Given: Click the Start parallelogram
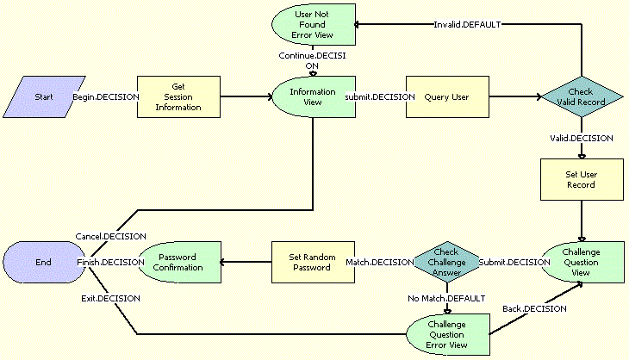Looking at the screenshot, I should [x=43, y=97].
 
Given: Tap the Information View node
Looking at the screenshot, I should [x=313, y=96].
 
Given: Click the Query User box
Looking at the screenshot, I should [x=446, y=97].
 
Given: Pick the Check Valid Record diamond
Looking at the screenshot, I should [x=582, y=97].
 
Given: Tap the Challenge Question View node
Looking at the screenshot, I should [x=582, y=261].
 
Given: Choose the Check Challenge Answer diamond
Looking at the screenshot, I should [x=446, y=261].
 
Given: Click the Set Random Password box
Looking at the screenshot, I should [x=313, y=261].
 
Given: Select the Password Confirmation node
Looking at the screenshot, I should [x=178, y=261].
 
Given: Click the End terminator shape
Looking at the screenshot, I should [x=43, y=261].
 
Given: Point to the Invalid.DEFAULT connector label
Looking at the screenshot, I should [x=468, y=24].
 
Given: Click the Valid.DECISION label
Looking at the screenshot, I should [x=582, y=137].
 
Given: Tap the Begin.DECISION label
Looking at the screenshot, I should [x=106, y=97].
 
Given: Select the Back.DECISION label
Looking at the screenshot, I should [x=534, y=307].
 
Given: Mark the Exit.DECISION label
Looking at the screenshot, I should [x=106, y=298].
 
